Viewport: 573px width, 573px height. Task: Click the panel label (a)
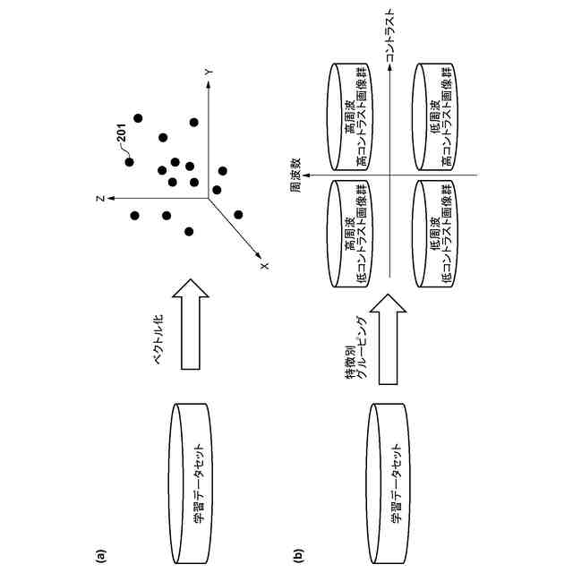(x=101, y=554)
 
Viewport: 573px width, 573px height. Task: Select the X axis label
(x=264, y=264)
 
